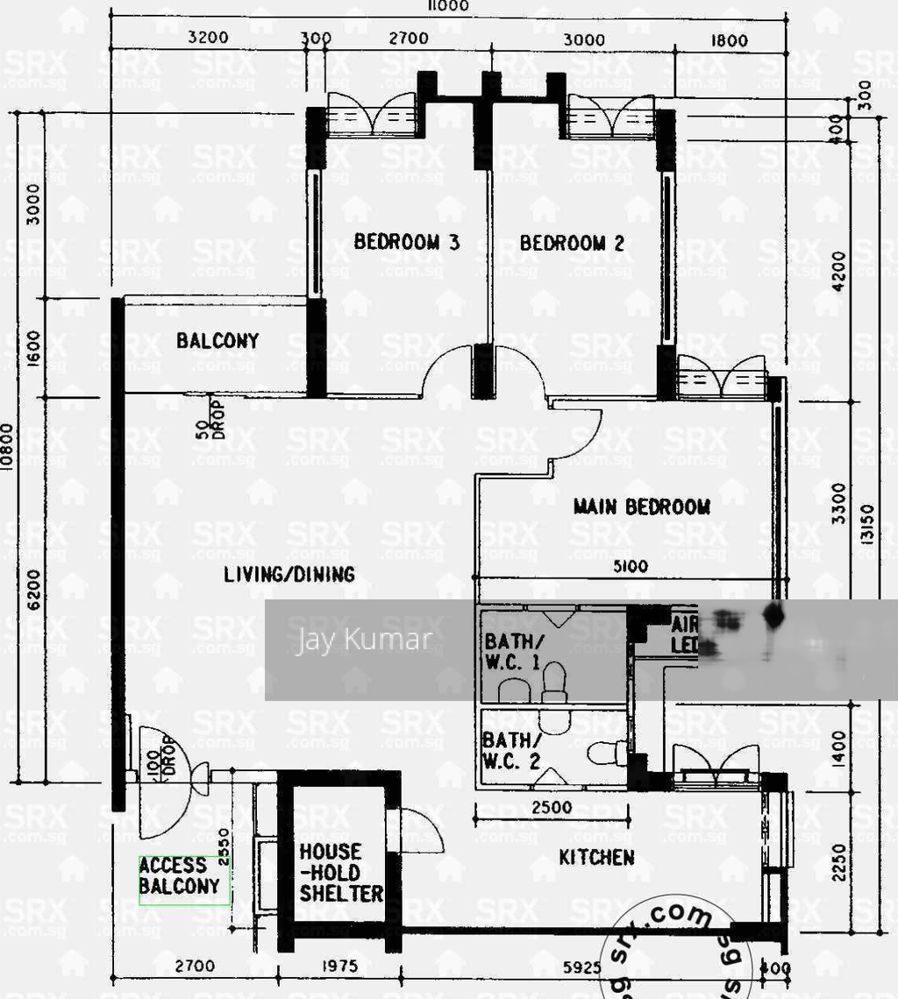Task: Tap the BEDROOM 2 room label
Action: (572, 243)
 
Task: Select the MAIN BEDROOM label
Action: (641, 507)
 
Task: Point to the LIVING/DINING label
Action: (289, 575)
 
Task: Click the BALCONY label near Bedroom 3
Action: (217, 341)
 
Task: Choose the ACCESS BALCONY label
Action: (179, 876)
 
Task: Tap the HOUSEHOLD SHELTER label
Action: (340, 873)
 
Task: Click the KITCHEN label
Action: (596, 857)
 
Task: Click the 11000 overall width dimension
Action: (448, 6)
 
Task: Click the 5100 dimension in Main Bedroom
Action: (630, 567)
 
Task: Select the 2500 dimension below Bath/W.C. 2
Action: (552, 808)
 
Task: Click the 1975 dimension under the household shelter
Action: (339, 967)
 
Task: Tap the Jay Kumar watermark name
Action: (363, 640)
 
